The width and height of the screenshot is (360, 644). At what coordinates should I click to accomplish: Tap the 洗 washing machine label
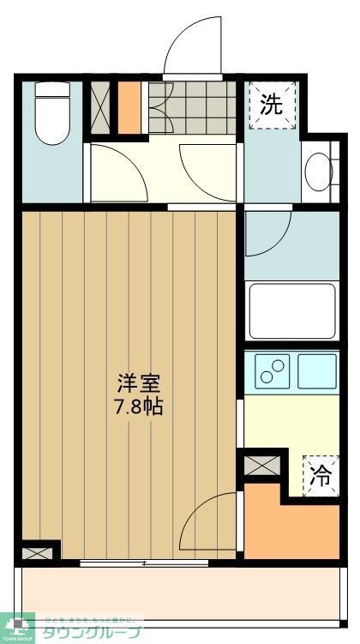pyautogui.click(x=271, y=105)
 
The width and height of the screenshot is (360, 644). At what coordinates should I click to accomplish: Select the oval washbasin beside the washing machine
pyautogui.click(x=317, y=172)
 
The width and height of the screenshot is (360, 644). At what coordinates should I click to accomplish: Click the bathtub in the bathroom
pyautogui.click(x=291, y=312)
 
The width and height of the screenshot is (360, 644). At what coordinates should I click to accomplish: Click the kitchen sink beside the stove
pyautogui.click(x=316, y=370)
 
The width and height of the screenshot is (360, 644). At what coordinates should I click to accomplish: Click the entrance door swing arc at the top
pyautogui.click(x=192, y=47)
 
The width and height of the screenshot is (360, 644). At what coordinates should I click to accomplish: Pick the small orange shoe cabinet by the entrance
pyautogui.click(x=130, y=107)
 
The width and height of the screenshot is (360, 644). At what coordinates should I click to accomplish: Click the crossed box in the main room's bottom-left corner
pyautogui.click(x=34, y=552)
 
